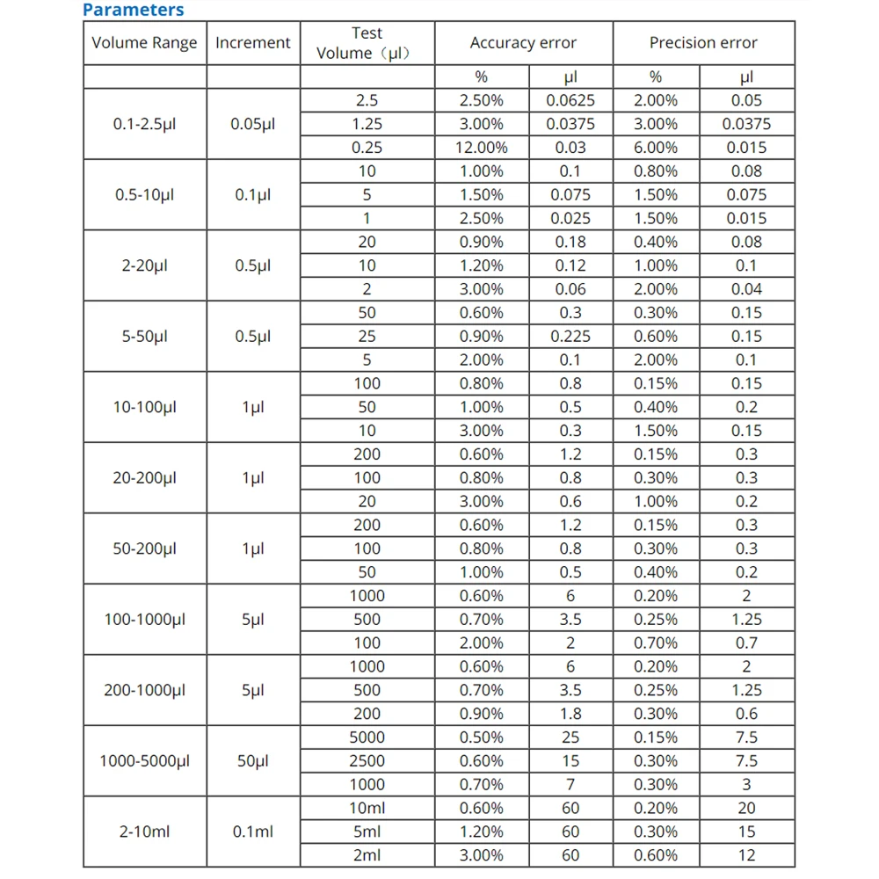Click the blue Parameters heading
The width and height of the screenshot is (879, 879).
coord(133,11)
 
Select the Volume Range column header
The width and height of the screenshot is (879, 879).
coord(144,43)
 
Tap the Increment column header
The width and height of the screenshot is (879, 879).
coord(252,43)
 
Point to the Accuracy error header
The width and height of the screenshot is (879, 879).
coord(523,43)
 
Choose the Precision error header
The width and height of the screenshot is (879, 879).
coord(702,43)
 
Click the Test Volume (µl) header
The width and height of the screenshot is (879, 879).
coord(367,43)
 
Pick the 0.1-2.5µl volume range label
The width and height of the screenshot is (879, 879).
coord(144,124)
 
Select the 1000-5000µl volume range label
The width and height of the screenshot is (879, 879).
coord(144,761)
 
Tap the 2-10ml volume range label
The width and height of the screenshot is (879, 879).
coord(144,832)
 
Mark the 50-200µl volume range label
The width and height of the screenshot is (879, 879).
coord(144,548)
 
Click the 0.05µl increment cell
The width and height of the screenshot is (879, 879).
coord(252,124)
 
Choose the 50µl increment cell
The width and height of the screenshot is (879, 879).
coord(252,761)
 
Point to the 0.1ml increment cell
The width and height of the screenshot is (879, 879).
coord(252,832)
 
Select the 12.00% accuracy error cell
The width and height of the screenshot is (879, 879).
coord(481,148)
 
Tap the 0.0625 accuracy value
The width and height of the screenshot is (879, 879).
coord(570,100)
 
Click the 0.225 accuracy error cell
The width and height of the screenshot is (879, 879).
coord(570,336)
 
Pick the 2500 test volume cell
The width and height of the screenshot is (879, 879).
coord(367,761)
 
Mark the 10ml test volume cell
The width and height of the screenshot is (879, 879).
coord(367,808)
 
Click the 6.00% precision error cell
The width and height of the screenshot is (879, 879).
coord(656,148)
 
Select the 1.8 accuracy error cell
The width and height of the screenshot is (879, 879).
coord(570,714)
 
